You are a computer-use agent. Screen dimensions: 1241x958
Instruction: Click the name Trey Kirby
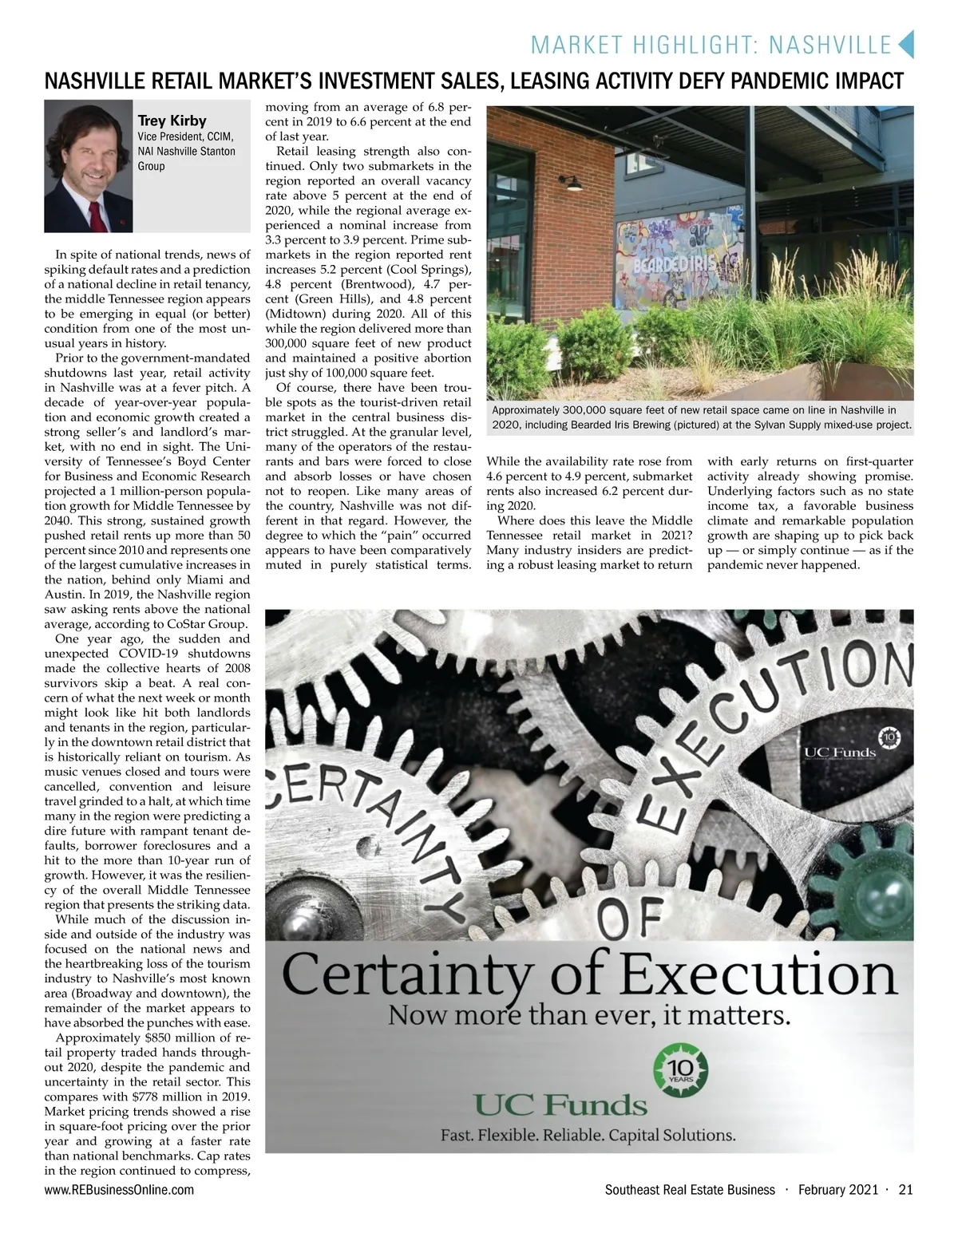coord(172,121)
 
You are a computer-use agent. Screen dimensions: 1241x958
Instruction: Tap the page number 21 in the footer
coord(905,1190)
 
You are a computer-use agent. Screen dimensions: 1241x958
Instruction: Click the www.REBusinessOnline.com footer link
coord(119,1190)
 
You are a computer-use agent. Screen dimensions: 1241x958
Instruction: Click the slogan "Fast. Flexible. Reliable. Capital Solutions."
coord(589,1134)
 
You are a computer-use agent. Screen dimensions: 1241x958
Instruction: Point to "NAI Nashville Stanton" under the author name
coord(186,151)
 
